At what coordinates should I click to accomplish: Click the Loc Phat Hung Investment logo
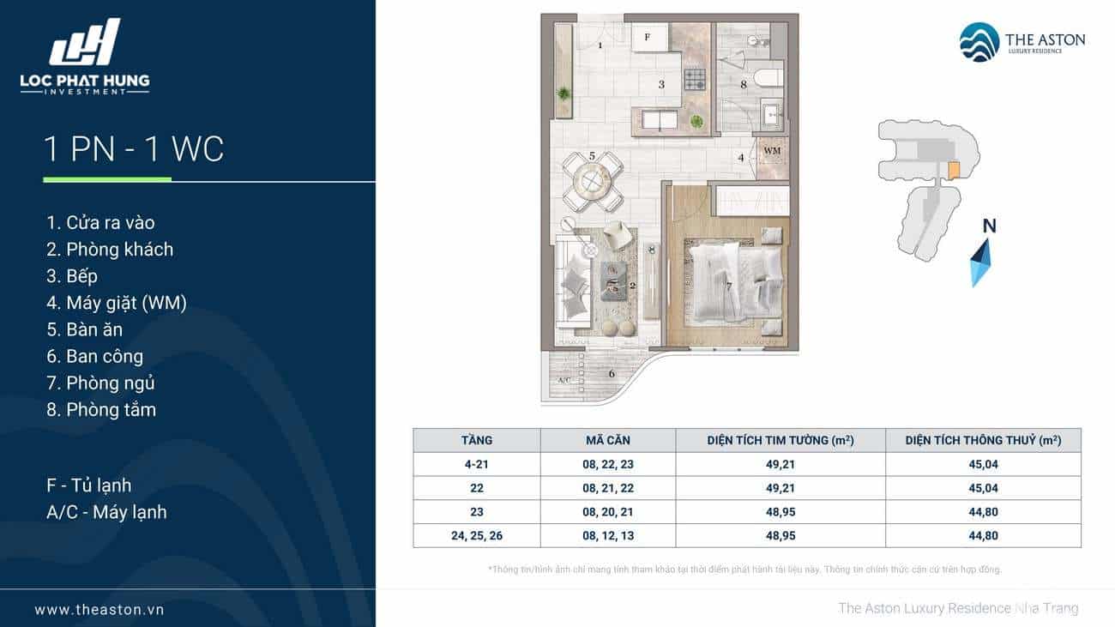click(x=85, y=57)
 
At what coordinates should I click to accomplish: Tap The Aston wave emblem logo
click(x=979, y=42)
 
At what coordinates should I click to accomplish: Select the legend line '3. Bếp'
click(x=72, y=276)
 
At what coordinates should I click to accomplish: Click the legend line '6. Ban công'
click(x=94, y=356)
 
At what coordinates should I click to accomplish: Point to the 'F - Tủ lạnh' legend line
click(x=88, y=485)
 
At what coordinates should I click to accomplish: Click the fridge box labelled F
click(x=649, y=38)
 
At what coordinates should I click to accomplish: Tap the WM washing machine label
click(x=772, y=150)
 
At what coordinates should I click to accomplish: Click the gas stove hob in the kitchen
click(x=695, y=80)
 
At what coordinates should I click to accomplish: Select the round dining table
click(x=593, y=183)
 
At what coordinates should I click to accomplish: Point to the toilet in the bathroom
click(x=768, y=78)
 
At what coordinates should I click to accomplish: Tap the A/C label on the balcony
click(x=564, y=381)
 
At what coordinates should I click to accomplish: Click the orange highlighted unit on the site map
click(x=953, y=170)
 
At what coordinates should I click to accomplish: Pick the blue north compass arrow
click(x=980, y=262)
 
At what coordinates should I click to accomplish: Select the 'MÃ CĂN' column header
click(x=608, y=440)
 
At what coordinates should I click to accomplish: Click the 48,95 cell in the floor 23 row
click(x=780, y=512)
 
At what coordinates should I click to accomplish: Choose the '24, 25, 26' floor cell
click(x=477, y=536)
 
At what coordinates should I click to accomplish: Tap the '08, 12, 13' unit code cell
click(x=608, y=536)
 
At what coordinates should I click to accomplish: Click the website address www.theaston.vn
click(x=99, y=610)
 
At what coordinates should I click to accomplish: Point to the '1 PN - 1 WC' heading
click(x=134, y=148)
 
